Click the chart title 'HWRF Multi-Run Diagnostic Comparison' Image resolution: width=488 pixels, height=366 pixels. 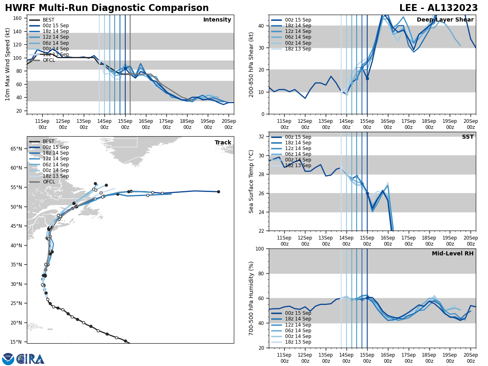tap(107, 8)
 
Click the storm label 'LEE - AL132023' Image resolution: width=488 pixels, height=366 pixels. tap(438, 8)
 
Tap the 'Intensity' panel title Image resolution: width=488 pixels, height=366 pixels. tap(217, 20)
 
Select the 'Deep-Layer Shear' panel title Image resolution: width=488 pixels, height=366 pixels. tap(445, 20)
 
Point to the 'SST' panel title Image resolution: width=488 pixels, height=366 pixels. tap(468, 137)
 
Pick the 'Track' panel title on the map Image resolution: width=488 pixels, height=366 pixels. tap(223, 143)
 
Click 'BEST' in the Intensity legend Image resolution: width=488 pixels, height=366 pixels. tap(48, 20)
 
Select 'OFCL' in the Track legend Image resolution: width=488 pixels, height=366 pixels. tap(49, 182)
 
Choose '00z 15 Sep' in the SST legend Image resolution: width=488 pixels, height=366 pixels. tap(298, 137)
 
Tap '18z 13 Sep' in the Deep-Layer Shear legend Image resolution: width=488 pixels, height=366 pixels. tap(298, 49)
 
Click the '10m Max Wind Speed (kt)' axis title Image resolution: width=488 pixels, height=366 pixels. tap(8, 64)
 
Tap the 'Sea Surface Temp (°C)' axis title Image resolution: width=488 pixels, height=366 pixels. tap(251, 181)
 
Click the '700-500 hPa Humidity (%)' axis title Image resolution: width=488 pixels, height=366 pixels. tap(251, 298)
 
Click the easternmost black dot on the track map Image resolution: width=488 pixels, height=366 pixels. tap(218, 192)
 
